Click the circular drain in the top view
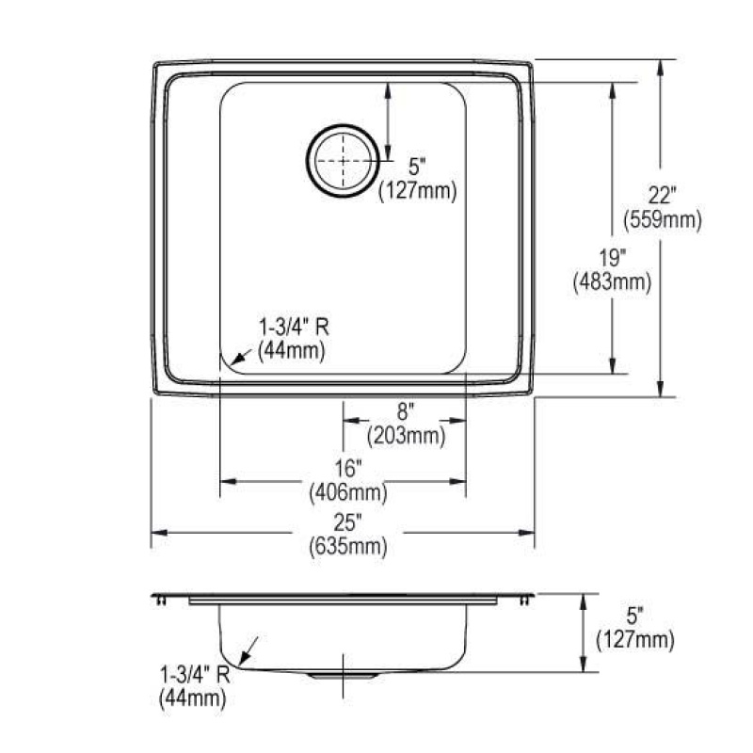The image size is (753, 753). coord(343,160)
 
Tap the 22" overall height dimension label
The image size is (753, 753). coord(663,196)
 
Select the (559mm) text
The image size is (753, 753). coord(663,220)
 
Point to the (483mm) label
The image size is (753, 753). coord(613,281)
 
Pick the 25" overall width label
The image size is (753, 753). coord(347,522)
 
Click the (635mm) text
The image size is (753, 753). coord(348,547)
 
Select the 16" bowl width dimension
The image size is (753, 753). coord(347,468)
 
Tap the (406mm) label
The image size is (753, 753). coord(348,492)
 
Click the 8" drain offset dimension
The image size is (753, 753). coord(406,411)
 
